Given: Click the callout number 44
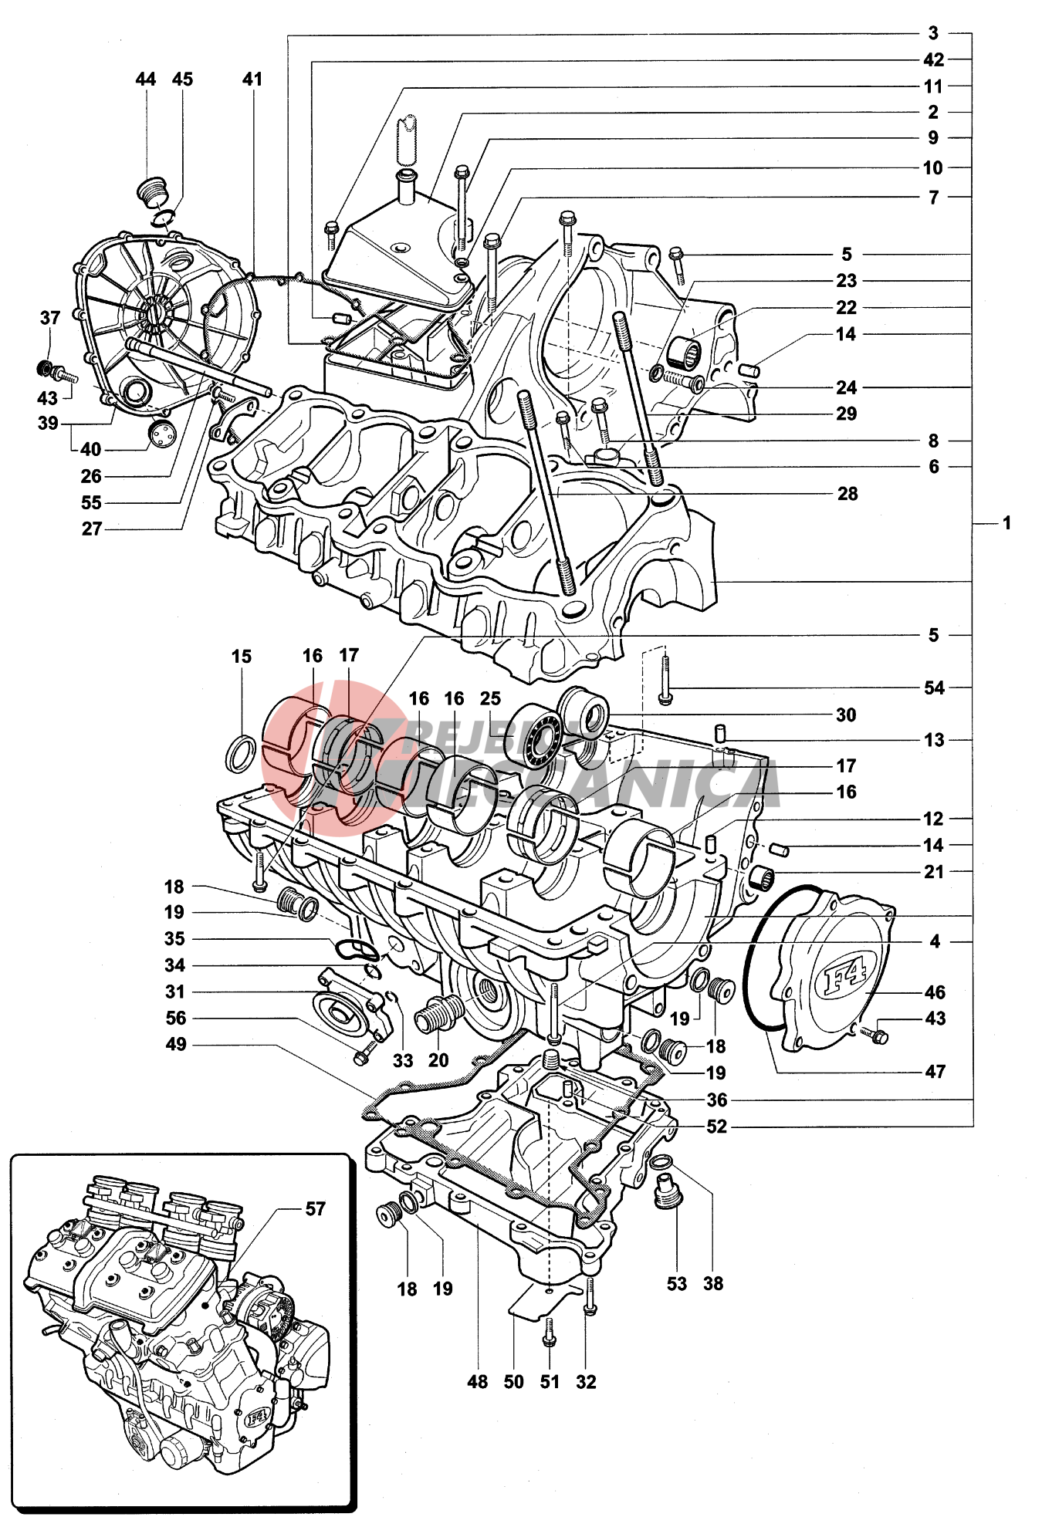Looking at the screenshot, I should [x=145, y=79].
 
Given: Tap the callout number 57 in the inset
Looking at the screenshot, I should [x=316, y=1209].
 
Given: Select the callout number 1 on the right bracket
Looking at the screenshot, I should [x=1006, y=524].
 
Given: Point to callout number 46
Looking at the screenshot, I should [x=935, y=992].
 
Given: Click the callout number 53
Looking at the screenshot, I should [x=676, y=1284].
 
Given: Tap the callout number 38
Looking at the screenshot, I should [x=713, y=1284].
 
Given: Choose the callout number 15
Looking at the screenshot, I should [x=242, y=657].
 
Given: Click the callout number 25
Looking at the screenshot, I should [x=491, y=699].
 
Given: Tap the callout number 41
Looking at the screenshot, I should [x=252, y=79].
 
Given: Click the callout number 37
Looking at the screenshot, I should [x=50, y=318].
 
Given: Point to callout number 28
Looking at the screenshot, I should [x=847, y=494].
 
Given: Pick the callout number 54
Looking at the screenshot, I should [x=934, y=688].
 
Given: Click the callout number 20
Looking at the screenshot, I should [x=438, y=1061].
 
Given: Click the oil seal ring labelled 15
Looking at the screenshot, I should [x=242, y=754].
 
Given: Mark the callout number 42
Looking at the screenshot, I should [x=933, y=60].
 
